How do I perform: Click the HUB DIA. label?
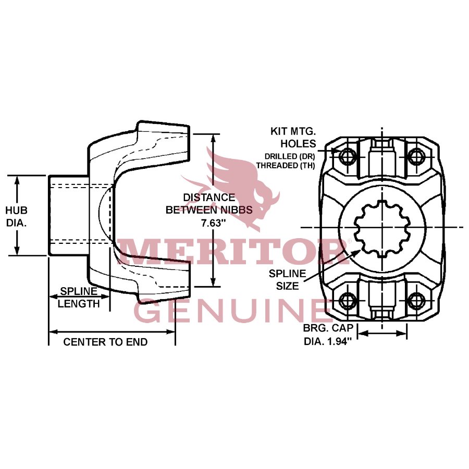pos(16,216)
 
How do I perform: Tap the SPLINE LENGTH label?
pos(79,298)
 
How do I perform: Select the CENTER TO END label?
pos(105,342)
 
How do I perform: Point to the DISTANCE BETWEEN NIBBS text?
pos(208,204)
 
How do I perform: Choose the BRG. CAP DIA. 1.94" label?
pos(328,335)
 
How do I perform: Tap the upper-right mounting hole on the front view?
pos(416,155)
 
